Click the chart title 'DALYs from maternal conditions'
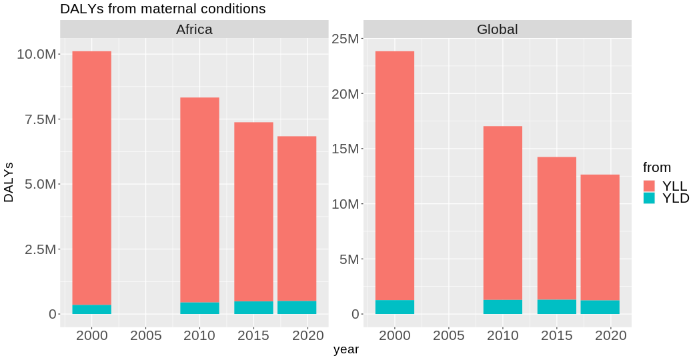[x=163, y=9]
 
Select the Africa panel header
[x=194, y=29]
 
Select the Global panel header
[x=497, y=29]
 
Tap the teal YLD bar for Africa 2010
[x=199, y=308]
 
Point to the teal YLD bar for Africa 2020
[x=297, y=307]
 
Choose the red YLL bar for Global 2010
[x=503, y=213]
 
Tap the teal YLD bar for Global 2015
[x=557, y=307]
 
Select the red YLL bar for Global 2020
[x=600, y=237]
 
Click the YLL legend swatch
[x=650, y=185]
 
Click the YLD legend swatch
[x=650, y=198]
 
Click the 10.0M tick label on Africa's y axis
[x=36, y=54]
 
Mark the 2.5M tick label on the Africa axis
[x=39, y=249]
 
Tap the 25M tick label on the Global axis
[x=344, y=39]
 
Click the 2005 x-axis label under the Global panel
[x=449, y=335]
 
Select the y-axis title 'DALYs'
[x=9, y=182]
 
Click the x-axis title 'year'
[x=346, y=349]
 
